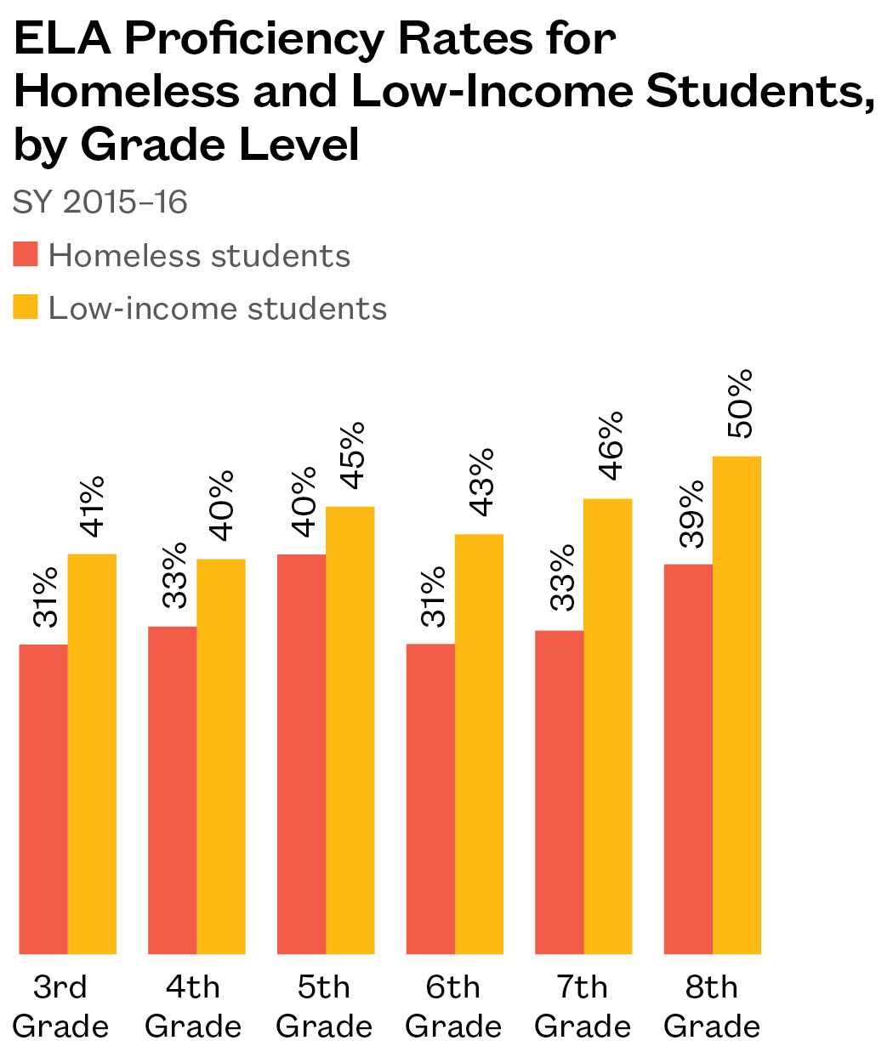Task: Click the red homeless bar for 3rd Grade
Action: click(x=43, y=799)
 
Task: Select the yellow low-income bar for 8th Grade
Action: click(x=737, y=706)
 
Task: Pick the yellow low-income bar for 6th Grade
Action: click(x=479, y=744)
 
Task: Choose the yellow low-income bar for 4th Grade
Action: click(x=221, y=757)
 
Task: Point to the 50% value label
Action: click(x=742, y=404)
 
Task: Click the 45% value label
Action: click(x=350, y=455)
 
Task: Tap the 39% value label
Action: click(x=692, y=514)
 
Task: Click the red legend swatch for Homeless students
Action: click(x=26, y=254)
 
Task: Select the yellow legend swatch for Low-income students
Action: click(x=26, y=306)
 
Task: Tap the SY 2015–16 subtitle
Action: click(x=100, y=203)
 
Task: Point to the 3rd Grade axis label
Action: click(x=61, y=1007)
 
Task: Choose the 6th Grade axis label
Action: click(x=454, y=1007)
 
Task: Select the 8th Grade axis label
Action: click(x=712, y=1007)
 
